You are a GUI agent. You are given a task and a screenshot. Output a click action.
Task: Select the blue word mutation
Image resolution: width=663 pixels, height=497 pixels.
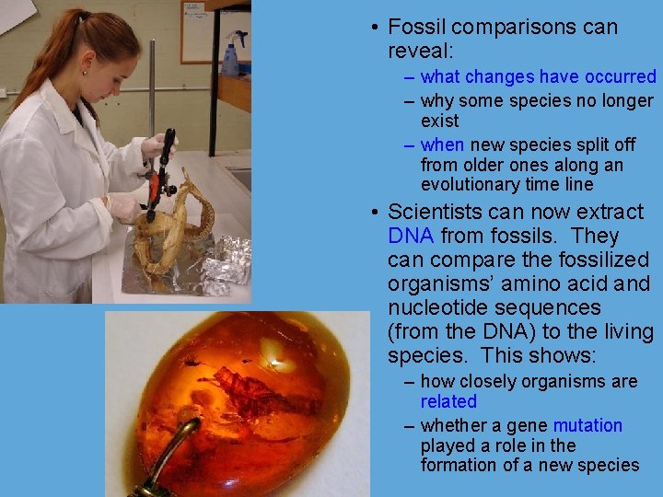point(587,425)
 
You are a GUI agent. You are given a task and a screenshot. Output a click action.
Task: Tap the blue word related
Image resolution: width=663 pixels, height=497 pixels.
point(448,401)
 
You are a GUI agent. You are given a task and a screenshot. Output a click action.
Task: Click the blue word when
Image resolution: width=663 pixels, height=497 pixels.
point(442,144)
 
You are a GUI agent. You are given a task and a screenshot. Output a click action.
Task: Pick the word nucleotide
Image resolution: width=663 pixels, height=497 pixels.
point(435,308)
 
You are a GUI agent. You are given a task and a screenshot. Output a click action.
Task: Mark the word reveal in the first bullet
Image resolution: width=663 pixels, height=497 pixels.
point(433,50)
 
